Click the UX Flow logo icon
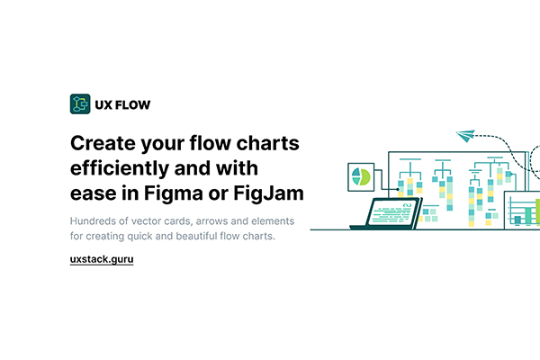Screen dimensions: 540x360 [80, 103]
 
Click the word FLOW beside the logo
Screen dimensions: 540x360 [132, 104]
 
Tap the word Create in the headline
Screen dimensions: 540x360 [103, 143]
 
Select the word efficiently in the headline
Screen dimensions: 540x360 [119, 168]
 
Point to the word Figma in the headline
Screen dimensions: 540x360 [173, 193]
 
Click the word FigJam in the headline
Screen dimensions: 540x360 [268, 193]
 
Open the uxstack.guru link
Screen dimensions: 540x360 [102, 259]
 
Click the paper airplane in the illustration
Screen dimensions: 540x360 [465, 135]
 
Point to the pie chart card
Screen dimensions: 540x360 [361, 177]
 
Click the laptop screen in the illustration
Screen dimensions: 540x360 [391, 212]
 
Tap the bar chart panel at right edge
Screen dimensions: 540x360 [522, 210]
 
